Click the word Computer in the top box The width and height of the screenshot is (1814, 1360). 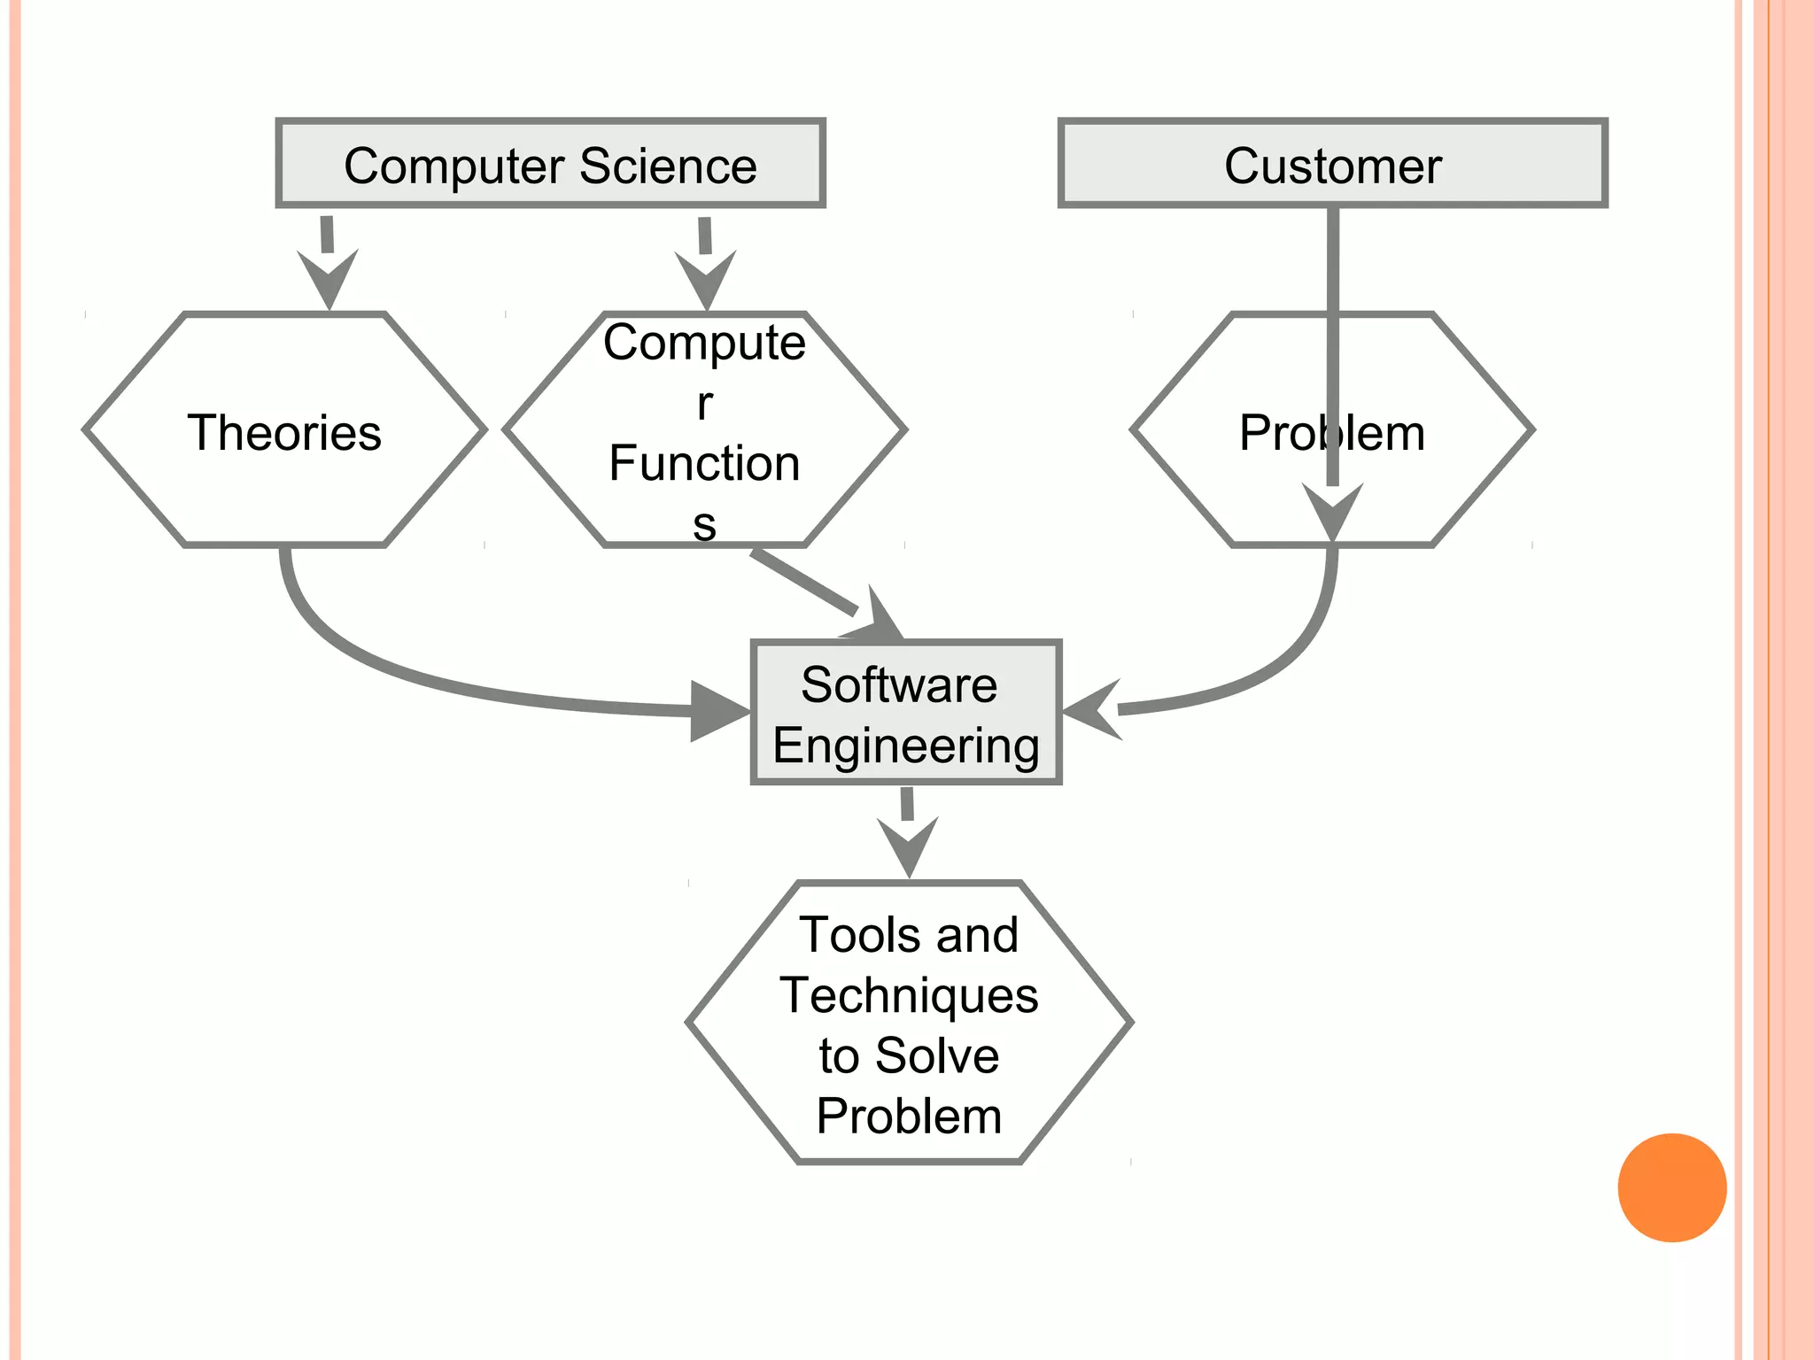[x=454, y=166]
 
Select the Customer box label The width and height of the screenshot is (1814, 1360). [x=1332, y=166]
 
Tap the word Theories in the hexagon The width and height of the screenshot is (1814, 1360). [x=284, y=433]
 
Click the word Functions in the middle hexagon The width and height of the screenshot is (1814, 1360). [x=704, y=464]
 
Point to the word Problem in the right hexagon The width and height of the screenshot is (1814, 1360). [x=1331, y=433]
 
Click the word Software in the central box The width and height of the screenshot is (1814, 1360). [x=898, y=684]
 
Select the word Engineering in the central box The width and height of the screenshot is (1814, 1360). [x=905, y=746]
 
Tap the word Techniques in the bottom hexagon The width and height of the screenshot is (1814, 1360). [x=909, y=995]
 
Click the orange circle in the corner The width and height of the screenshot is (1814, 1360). [x=1671, y=1187]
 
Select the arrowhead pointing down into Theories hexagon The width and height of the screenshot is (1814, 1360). [x=329, y=280]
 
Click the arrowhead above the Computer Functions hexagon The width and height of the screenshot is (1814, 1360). [x=706, y=281]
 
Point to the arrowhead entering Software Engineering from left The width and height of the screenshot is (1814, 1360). [x=717, y=711]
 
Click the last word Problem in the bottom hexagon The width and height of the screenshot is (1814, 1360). [x=909, y=1116]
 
